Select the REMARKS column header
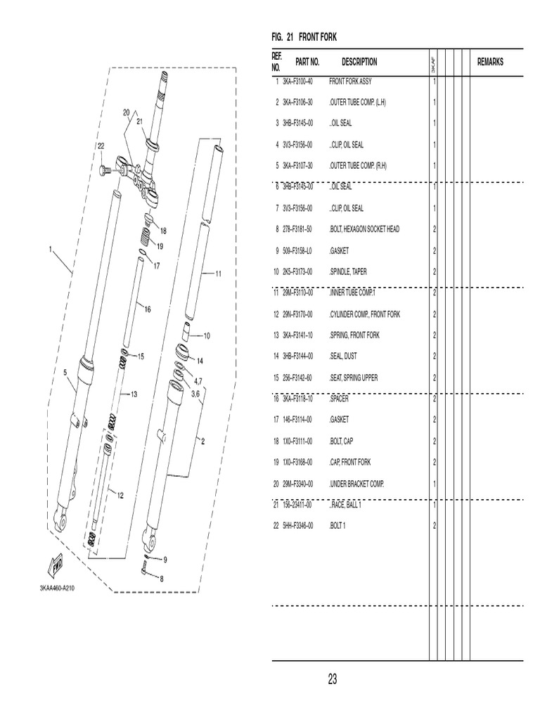[490, 62]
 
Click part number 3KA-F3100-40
[297, 81]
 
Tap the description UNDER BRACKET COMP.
[356, 484]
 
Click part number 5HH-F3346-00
[297, 526]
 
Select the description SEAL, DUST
[343, 356]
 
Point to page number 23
[333, 679]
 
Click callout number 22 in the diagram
[101, 146]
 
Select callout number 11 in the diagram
[218, 274]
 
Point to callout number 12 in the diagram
[120, 495]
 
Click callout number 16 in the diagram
[147, 308]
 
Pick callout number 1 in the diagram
[51, 248]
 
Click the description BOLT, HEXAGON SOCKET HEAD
[364, 229]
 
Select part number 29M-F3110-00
[297, 292]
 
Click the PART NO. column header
[307, 62]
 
